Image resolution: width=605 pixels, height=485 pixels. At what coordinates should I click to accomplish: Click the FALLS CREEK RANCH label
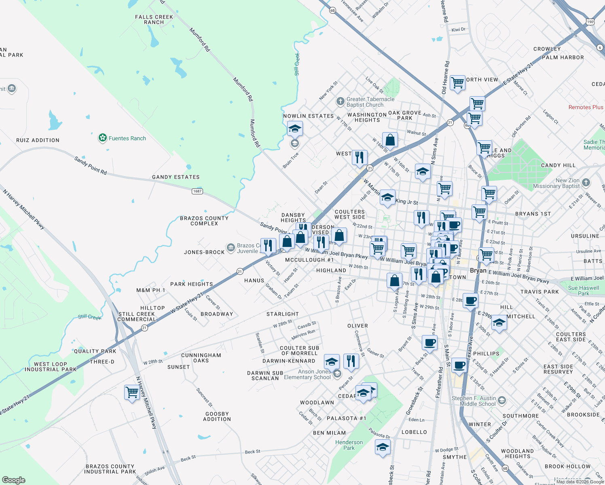coord(154,20)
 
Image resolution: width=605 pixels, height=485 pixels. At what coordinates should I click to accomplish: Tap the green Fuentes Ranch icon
coord(102,138)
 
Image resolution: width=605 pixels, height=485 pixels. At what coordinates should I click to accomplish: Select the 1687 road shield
coord(197,191)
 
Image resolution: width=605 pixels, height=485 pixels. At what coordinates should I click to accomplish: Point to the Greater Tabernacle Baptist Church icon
coord(341,101)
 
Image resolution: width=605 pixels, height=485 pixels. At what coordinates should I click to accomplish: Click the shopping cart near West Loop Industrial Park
coord(132,392)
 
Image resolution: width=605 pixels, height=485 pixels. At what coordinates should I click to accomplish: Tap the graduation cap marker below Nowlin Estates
coord(295,129)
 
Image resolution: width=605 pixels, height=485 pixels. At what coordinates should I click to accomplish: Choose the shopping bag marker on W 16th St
coord(390,140)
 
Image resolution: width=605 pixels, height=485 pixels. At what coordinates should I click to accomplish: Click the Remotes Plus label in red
coord(586,107)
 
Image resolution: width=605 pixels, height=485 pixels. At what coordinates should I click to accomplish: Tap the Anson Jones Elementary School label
coord(307,374)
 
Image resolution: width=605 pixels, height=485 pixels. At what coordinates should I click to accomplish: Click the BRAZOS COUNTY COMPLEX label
coord(204,221)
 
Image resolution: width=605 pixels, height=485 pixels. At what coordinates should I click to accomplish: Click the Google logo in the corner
coord(14,480)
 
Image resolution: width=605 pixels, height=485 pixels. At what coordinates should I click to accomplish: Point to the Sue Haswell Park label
coord(583,291)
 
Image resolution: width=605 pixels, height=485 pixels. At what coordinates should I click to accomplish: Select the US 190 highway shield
coord(590,22)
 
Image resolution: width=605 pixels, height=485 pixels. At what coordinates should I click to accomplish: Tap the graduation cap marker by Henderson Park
coord(383,447)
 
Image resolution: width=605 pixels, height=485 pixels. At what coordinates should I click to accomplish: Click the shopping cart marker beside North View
coord(457,83)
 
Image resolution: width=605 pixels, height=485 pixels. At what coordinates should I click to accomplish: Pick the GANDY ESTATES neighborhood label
coord(176,177)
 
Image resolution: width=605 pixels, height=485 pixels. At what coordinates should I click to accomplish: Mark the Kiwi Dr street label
coord(458,30)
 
